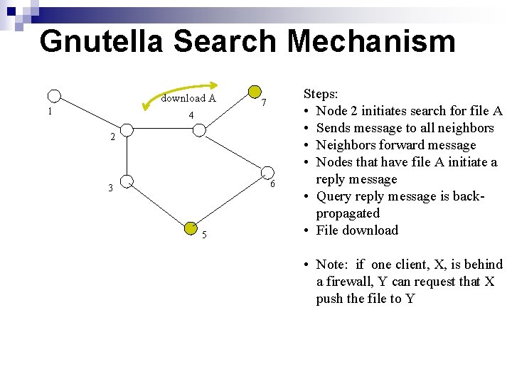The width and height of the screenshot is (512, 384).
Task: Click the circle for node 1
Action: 54,97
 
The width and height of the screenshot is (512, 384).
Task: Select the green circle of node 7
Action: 254,92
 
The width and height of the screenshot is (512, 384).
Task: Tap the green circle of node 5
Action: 191,228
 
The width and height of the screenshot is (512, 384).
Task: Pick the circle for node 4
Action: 200,129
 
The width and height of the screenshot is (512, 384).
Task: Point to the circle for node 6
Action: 267,173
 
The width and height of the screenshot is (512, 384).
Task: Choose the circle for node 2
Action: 126,130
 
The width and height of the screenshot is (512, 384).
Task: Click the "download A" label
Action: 188,98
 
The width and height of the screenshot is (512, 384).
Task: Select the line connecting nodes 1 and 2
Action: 90,113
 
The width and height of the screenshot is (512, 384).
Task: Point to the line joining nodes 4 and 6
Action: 233,151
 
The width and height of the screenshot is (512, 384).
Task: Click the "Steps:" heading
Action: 321,93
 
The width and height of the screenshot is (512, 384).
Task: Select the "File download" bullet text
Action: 357,230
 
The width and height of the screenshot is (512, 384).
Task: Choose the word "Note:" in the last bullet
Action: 333,264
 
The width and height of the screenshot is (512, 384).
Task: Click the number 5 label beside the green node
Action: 203,235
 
